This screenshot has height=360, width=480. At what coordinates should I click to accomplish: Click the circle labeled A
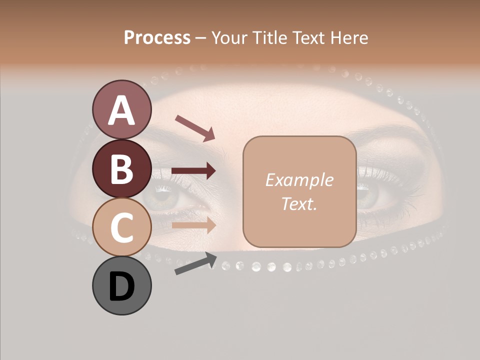tap(122, 109)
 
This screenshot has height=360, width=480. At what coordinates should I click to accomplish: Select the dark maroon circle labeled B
tap(122, 168)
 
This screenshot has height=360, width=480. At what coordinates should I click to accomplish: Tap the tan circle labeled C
tap(122, 227)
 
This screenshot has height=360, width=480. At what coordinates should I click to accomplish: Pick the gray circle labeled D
tap(122, 285)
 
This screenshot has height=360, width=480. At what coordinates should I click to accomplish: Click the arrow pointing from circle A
tap(195, 127)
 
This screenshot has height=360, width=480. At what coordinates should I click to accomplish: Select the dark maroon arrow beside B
tap(193, 171)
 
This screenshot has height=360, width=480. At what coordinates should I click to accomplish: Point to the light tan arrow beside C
tap(193, 225)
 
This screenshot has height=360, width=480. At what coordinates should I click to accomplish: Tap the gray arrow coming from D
tap(195, 264)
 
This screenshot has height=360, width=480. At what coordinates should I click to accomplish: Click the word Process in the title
tap(157, 38)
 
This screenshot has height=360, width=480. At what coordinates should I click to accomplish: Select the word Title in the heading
tap(271, 38)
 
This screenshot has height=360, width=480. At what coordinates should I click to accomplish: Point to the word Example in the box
tap(299, 180)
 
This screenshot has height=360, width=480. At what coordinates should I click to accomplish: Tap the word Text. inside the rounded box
tap(299, 204)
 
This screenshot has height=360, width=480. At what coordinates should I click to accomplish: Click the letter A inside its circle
tap(122, 110)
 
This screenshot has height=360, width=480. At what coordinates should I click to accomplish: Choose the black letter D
tap(122, 287)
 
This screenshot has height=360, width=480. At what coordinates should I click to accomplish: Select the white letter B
tap(122, 169)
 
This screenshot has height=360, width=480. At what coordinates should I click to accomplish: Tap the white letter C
tap(122, 228)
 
